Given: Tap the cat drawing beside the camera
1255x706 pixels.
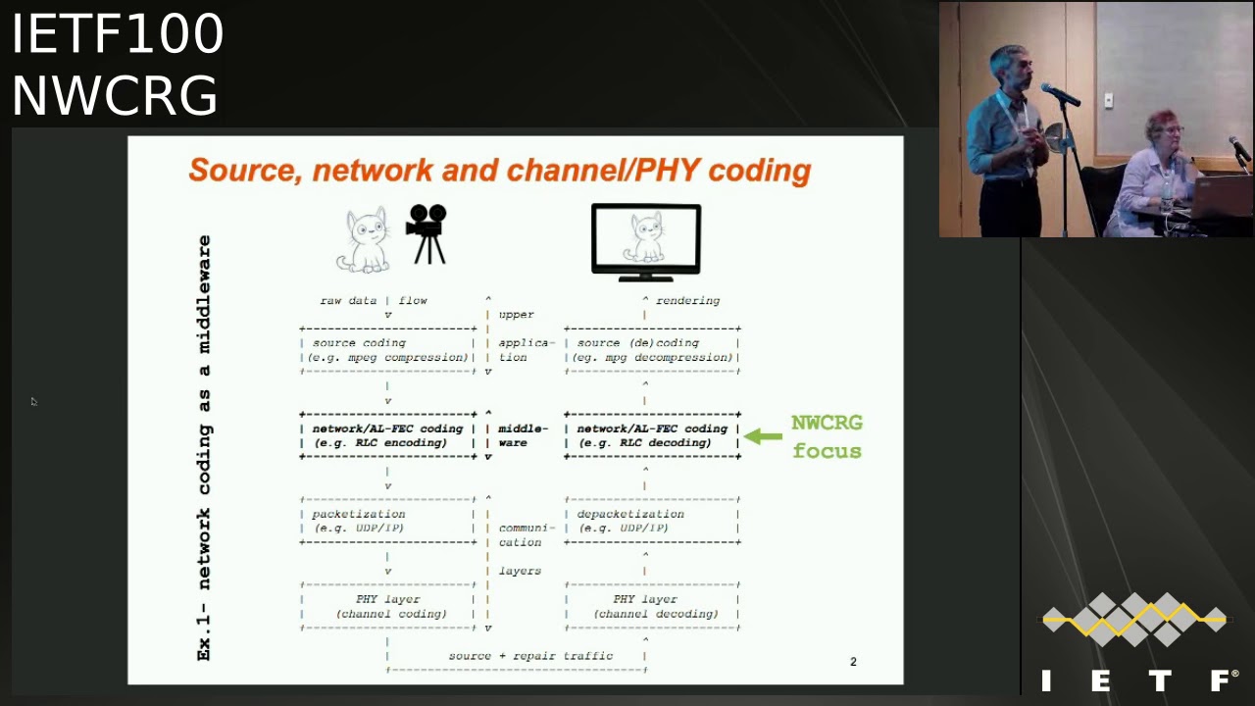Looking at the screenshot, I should tap(365, 240).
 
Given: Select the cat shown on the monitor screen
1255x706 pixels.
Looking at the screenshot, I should tap(646, 238).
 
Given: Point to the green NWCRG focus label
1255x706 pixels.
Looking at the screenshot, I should tap(827, 436).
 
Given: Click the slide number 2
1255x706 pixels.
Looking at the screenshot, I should tap(853, 662).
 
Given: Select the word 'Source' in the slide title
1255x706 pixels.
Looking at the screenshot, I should tap(244, 171).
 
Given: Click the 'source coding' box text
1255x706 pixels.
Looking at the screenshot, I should tap(359, 343).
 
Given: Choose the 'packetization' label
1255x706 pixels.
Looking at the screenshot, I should tap(358, 514).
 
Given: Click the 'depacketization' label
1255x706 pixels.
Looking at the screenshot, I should tap(630, 514).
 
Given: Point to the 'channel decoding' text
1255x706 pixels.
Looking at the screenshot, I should tap(655, 614).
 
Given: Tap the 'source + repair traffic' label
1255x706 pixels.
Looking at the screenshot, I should tap(530, 656).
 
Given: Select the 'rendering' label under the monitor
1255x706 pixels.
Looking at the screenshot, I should tap(687, 301).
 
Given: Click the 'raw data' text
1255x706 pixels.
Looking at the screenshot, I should tap(348, 301).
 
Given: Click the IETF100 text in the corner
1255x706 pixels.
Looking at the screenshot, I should tap(118, 34).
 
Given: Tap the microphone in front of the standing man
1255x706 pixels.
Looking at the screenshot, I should tap(1060, 94).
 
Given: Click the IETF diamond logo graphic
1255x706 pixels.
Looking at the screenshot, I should tap(1134, 620).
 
